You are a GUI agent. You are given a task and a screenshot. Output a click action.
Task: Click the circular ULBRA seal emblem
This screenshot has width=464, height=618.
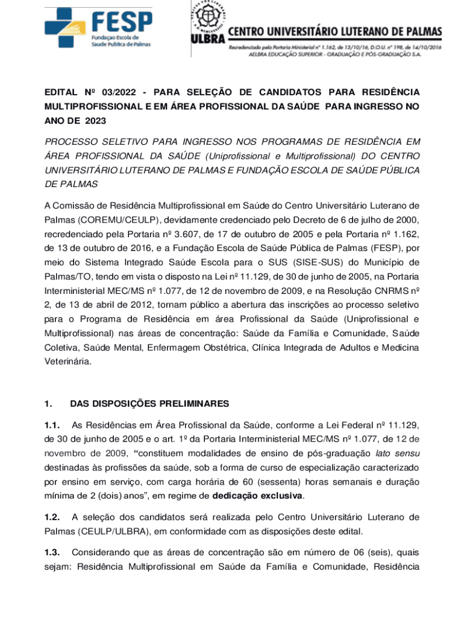pos(208,19)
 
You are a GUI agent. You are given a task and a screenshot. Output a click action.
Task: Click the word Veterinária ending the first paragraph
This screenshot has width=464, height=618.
pos(68,362)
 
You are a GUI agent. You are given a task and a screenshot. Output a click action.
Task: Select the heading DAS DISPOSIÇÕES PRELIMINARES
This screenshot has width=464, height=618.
pos(149,403)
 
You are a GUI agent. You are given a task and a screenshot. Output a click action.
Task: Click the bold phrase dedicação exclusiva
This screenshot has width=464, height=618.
pos(257,496)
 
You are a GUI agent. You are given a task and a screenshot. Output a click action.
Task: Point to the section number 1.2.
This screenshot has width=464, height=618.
pos(53,517)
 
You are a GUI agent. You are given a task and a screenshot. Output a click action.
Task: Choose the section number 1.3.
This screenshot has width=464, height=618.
pos(53,552)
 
